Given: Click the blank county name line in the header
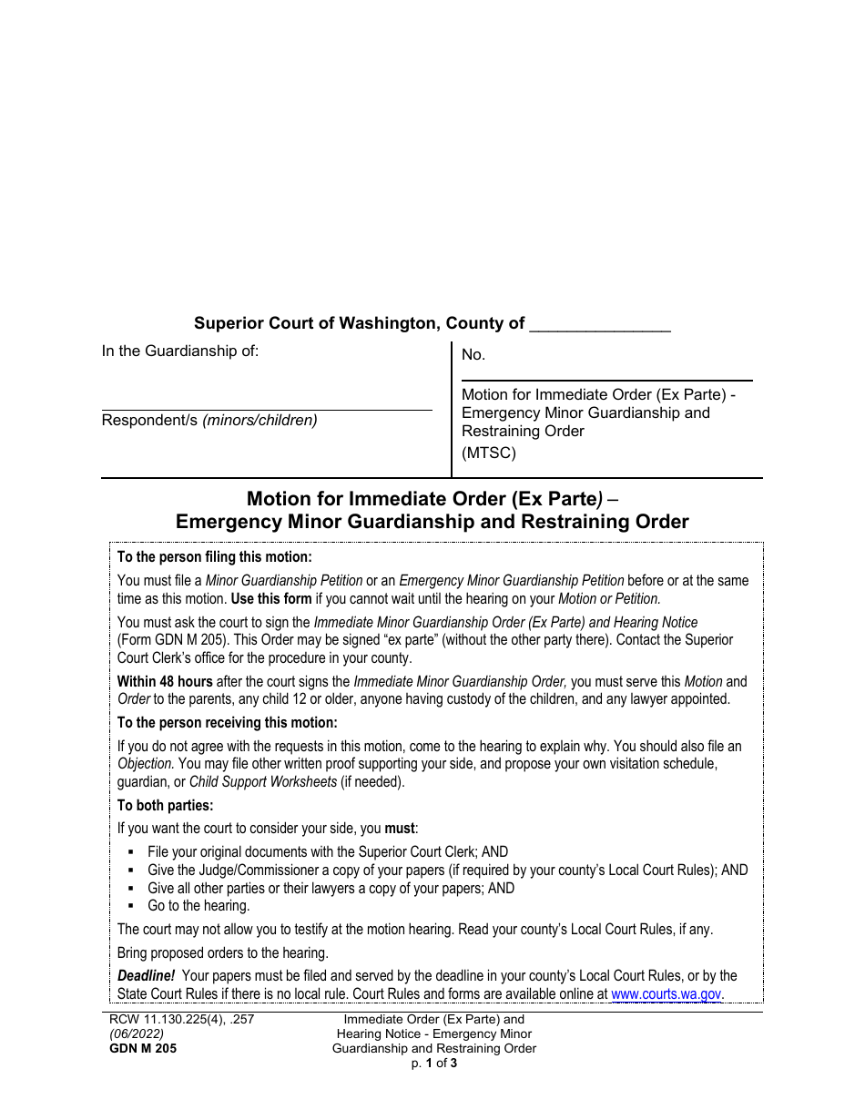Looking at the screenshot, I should coord(599,325).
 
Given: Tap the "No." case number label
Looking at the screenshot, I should coord(473,356).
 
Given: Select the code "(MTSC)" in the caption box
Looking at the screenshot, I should coord(489,453).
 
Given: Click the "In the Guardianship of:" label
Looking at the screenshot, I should coord(180,351).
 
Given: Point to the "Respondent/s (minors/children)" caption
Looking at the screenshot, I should coord(209,421).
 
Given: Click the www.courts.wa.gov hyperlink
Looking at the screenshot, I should coord(667,994).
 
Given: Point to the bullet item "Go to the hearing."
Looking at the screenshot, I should coord(198,906).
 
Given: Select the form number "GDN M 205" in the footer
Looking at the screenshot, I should coord(139,1048).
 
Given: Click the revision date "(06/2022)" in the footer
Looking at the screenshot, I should coord(133,1034).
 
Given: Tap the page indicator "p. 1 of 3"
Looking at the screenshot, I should coord(433,1062).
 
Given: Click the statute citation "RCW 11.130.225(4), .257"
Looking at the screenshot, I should coord(178,1020).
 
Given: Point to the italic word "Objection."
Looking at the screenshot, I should coord(146,763).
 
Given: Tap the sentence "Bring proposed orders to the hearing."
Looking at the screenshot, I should coord(222,953).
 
